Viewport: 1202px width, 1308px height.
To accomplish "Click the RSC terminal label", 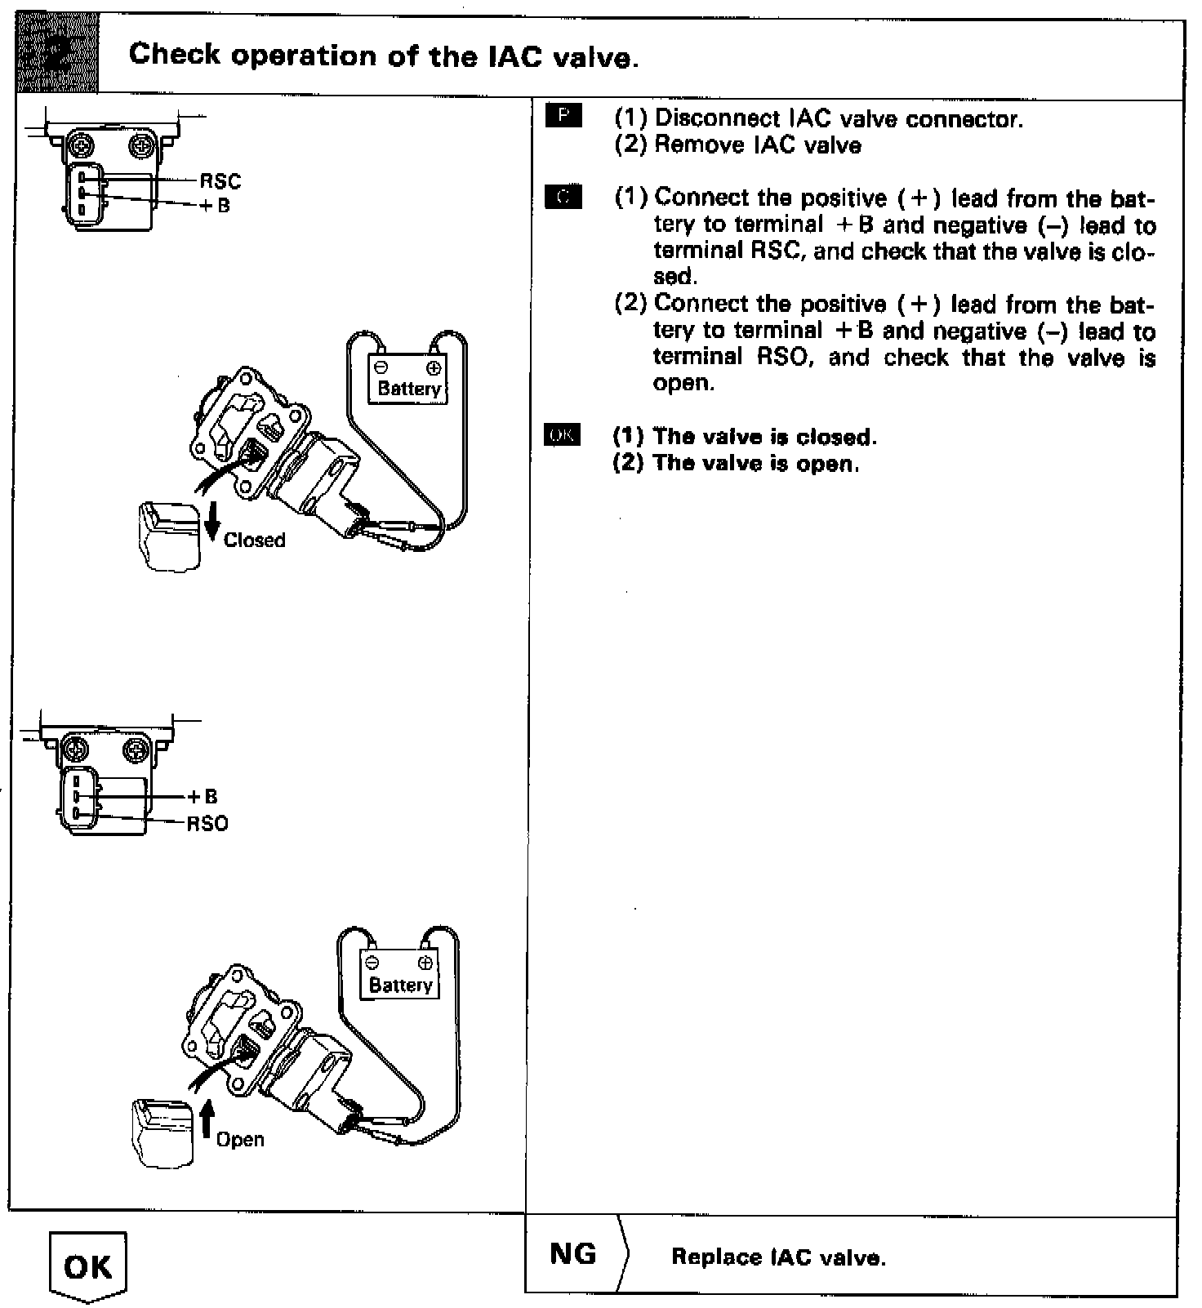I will [x=220, y=181].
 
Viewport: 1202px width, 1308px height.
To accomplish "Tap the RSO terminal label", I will [x=207, y=824].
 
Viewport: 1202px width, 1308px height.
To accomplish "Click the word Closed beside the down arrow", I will [x=254, y=541].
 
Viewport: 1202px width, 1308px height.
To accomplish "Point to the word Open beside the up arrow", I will [x=240, y=1139].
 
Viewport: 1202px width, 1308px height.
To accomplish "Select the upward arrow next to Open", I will [x=206, y=1120].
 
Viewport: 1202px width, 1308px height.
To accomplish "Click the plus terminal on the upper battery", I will [x=434, y=367].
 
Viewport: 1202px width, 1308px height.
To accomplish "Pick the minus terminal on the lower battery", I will [x=373, y=963].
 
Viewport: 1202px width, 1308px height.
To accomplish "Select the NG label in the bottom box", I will [x=572, y=1253].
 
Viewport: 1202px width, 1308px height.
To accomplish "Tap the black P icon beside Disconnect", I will [x=563, y=117].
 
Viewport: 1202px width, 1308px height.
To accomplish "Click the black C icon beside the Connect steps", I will [x=563, y=197].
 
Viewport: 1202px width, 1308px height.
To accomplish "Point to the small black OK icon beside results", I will [x=562, y=435].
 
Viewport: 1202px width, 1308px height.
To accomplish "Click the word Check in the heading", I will [x=175, y=55].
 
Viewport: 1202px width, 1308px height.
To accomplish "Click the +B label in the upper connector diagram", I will [x=216, y=206].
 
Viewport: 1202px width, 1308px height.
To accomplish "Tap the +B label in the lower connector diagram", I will [x=203, y=797].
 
